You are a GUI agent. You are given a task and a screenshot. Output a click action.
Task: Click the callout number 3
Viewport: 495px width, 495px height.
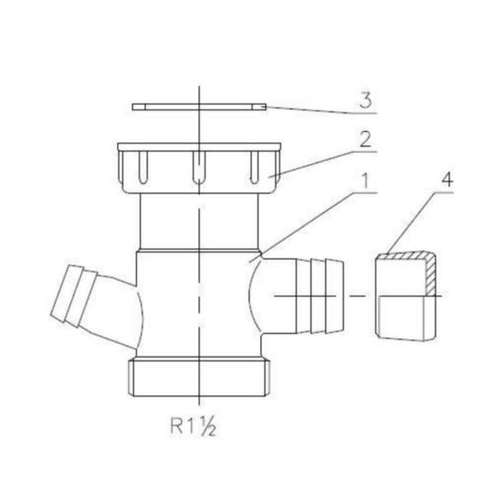pyautogui.click(x=366, y=101)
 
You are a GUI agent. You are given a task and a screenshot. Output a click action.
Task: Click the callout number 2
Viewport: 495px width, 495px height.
pyautogui.click(x=365, y=139)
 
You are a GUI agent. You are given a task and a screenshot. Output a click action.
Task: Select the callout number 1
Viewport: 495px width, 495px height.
pyautogui.click(x=365, y=181)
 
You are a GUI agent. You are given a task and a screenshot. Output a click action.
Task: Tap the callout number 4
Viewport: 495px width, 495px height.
pyautogui.click(x=447, y=180)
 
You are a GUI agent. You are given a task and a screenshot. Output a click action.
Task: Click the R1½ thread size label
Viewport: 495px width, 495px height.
pyautogui.click(x=193, y=427)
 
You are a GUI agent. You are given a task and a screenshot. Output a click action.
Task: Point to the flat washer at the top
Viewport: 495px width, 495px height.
pyautogui.click(x=199, y=107)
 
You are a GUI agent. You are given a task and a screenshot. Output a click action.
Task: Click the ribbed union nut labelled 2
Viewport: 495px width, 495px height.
pyautogui.click(x=199, y=168)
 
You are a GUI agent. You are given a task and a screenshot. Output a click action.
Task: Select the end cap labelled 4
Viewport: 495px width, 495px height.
pyautogui.click(x=406, y=296)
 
